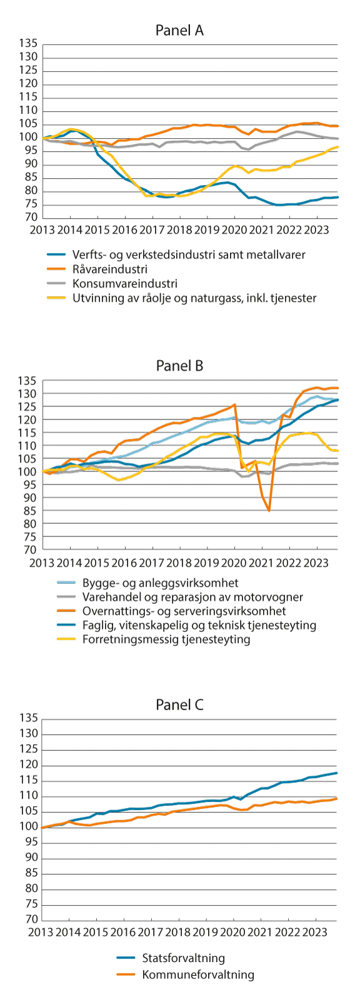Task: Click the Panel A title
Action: coord(179,31)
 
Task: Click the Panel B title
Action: coord(179,366)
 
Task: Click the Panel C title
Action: coord(179,705)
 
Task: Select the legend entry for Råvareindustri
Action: coord(109,269)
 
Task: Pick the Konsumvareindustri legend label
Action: coord(124,284)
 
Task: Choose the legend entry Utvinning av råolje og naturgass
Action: coord(194,298)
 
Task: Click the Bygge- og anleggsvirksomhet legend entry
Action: coord(156,583)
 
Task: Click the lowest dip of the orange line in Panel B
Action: coord(269,511)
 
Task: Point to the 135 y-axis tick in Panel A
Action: coord(29,44)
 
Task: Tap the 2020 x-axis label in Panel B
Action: coord(234,563)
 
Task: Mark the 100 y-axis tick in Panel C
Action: coord(29,827)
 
